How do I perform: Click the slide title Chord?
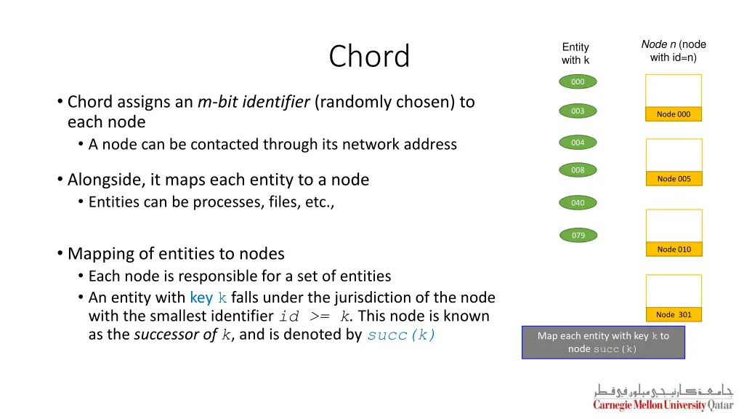coord(369,57)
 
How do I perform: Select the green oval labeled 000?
coord(578,82)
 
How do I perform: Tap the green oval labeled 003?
coord(578,111)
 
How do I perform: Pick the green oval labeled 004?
coord(578,143)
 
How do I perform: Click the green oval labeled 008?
coord(578,170)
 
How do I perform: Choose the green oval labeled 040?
coord(578,203)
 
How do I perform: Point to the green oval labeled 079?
coord(578,235)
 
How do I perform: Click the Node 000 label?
coord(674,114)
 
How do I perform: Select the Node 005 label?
coord(674,179)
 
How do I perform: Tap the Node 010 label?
coord(674,250)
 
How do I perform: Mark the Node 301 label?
coord(674,315)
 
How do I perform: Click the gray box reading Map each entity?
coord(603,342)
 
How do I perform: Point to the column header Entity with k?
coord(575,54)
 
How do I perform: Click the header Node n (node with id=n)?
coord(674,51)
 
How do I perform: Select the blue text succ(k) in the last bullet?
coord(401,335)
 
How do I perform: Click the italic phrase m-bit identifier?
coord(254,102)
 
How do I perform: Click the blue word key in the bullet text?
coord(201,298)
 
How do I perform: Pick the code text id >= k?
coord(315,317)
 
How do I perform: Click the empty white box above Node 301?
coord(674,291)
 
